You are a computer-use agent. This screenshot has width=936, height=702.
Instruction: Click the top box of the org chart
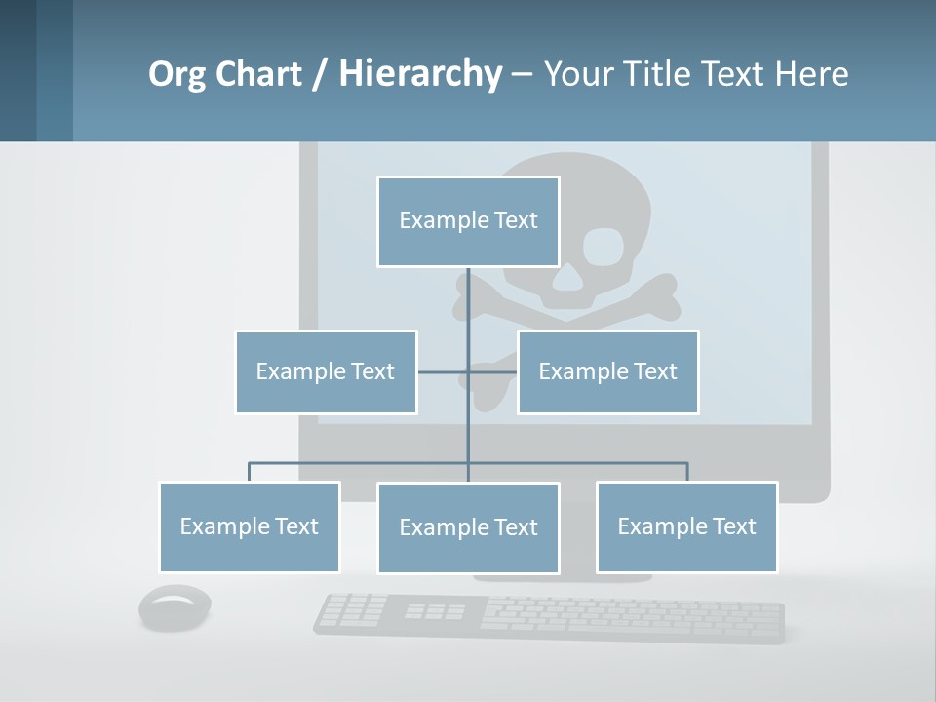tap(468, 221)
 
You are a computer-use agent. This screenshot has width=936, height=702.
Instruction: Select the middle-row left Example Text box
tap(326, 371)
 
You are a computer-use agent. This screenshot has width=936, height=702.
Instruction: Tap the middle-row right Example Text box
tap(607, 371)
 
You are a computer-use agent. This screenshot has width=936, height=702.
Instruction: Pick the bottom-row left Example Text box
tap(250, 526)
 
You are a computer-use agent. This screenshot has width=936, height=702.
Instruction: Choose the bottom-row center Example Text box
tap(468, 527)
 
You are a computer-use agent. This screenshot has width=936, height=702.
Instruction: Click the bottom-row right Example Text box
tap(686, 526)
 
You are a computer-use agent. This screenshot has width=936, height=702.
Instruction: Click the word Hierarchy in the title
tap(419, 74)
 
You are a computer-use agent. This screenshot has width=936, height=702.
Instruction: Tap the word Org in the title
tap(176, 74)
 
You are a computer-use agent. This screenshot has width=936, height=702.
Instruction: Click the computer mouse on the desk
tap(175, 607)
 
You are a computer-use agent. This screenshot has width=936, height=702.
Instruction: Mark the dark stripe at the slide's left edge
tap(18, 70)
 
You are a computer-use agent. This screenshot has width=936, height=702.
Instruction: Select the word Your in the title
tap(581, 74)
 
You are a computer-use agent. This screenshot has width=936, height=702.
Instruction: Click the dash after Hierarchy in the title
tap(522, 74)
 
